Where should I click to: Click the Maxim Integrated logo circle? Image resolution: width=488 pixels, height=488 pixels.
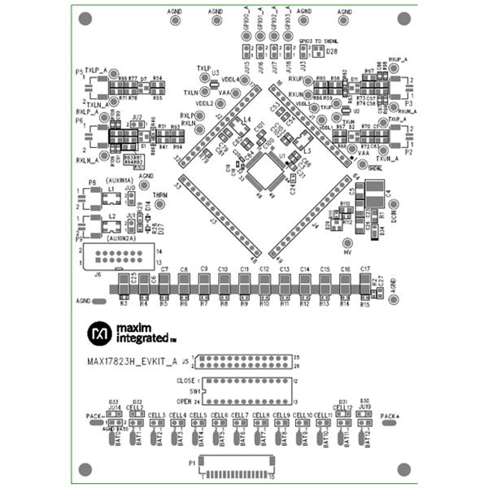tap(100, 333)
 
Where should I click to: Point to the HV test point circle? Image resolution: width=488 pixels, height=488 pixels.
tap(347, 242)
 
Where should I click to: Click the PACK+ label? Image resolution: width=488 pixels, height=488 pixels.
tap(390, 416)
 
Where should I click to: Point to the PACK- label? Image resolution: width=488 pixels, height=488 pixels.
tap(94, 416)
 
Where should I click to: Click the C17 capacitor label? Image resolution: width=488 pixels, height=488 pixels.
tap(365, 268)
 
